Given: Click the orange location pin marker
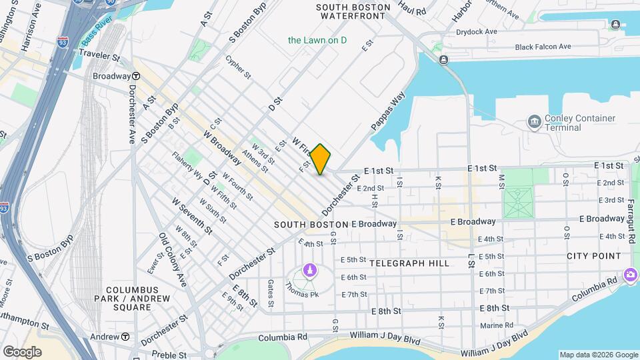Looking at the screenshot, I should pos(321,159).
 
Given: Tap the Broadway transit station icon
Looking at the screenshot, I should pos(135,76).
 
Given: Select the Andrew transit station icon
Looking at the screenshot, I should pos(125,337).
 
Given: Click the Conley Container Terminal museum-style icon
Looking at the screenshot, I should pos(534,121).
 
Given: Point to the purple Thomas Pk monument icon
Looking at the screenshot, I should pos(309,270).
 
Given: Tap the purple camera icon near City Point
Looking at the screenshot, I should pos(630,275).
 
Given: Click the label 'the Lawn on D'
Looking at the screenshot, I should pos(317,40).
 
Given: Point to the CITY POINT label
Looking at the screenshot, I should pos(593,256).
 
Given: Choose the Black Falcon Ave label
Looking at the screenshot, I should pos(543,47).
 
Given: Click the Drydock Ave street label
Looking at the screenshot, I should pos(477,31).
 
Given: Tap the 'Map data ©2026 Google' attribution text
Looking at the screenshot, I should pos(598,355).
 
